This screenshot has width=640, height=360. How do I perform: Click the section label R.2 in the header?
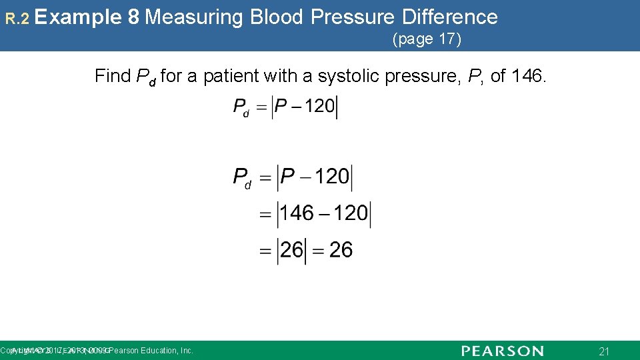17,19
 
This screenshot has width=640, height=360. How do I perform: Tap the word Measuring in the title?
193,17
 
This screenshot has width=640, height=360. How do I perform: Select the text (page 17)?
427,39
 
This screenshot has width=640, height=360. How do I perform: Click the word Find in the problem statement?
113,76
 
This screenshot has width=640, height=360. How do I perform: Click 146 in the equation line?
297,213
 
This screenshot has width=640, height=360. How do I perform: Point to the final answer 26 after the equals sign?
341,251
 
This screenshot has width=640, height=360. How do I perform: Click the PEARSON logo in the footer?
502,351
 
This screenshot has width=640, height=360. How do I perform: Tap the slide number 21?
604,351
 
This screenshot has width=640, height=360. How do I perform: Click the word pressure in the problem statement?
424,76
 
